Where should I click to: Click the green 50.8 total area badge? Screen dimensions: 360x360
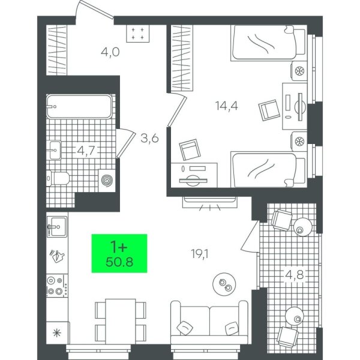coord(119,253)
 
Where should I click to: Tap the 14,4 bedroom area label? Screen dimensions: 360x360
coord(227,106)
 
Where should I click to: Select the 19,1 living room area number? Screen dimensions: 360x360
coord(200,254)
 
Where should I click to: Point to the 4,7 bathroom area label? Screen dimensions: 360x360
coord(86,151)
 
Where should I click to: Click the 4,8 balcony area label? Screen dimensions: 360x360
coord(295,275)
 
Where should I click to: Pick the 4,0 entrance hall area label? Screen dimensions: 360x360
coord(110,52)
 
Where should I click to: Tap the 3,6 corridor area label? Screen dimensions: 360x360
coord(149,139)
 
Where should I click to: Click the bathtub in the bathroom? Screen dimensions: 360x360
coord(79,107)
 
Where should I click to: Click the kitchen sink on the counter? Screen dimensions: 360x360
coord(57,227)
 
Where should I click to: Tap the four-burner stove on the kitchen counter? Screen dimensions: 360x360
coord(58,286)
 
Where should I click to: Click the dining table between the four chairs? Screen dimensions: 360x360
coord(121,322)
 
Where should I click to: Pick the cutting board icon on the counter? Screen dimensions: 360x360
coord(57,256)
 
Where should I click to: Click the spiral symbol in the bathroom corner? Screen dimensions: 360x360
coord(107,180)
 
